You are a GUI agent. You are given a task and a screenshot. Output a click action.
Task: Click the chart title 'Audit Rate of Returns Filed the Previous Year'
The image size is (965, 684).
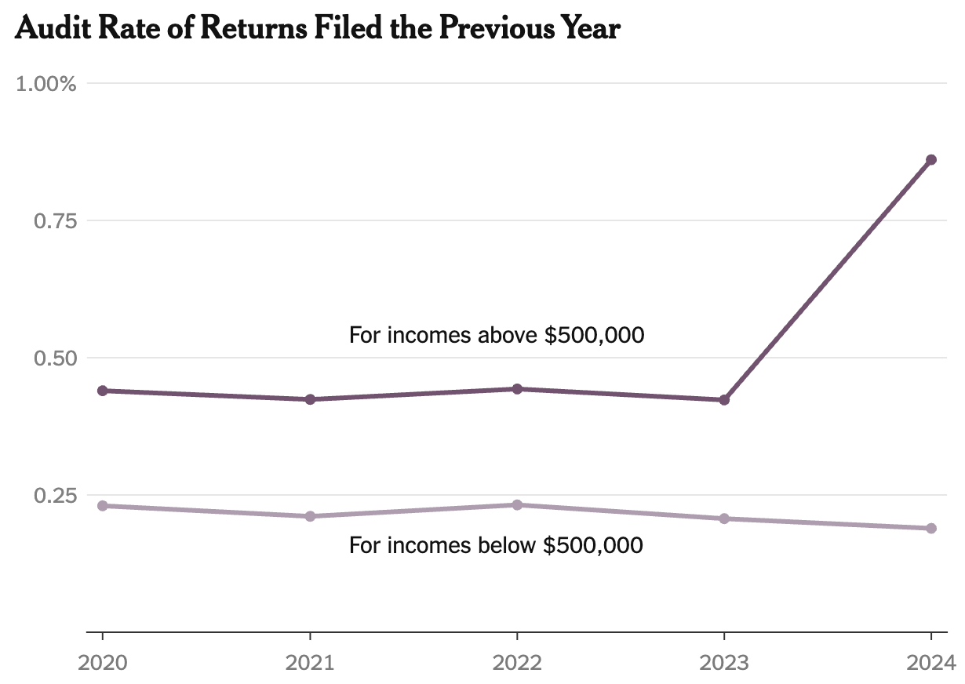coord(318,29)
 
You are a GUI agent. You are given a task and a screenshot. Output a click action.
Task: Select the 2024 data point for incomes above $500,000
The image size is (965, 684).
coord(930,160)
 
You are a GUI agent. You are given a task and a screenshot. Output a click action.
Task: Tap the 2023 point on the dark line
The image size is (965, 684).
coord(724,400)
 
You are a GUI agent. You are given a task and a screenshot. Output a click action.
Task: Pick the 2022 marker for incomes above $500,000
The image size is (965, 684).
coord(517,389)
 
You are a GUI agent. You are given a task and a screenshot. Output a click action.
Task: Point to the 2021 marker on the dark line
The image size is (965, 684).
coord(310,399)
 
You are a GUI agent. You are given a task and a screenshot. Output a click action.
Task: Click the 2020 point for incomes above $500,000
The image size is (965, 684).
coord(103,391)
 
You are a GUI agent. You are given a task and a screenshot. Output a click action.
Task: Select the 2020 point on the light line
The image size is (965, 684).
coord(103,506)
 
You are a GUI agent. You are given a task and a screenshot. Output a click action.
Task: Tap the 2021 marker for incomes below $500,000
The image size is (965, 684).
coord(310,516)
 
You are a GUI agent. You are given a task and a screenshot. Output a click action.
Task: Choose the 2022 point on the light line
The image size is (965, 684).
coord(517,505)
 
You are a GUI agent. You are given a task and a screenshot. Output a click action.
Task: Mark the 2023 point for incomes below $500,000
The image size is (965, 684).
coord(724,518)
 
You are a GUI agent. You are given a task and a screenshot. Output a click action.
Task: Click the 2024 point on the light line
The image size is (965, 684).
coord(930,528)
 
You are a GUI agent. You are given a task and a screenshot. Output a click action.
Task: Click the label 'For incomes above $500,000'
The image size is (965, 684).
coord(496,336)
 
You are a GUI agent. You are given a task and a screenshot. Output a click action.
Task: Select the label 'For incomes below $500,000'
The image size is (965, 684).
coord(495,545)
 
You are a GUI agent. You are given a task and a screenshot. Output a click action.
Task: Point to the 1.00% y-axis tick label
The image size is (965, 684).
coord(46,84)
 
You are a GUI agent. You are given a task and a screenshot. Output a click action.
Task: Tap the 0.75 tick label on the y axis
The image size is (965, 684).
coord(54,221)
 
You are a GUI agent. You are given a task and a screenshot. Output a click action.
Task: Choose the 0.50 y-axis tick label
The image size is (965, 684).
coord(54,358)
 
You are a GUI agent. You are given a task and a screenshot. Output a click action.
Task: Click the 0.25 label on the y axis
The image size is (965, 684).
coord(54,496)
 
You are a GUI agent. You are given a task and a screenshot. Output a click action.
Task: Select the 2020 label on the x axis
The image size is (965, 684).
coord(103,663)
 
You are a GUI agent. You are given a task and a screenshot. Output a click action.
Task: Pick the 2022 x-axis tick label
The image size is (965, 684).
coord(517,663)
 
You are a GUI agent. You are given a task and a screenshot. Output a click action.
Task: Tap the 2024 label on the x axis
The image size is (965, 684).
coord(930,663)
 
